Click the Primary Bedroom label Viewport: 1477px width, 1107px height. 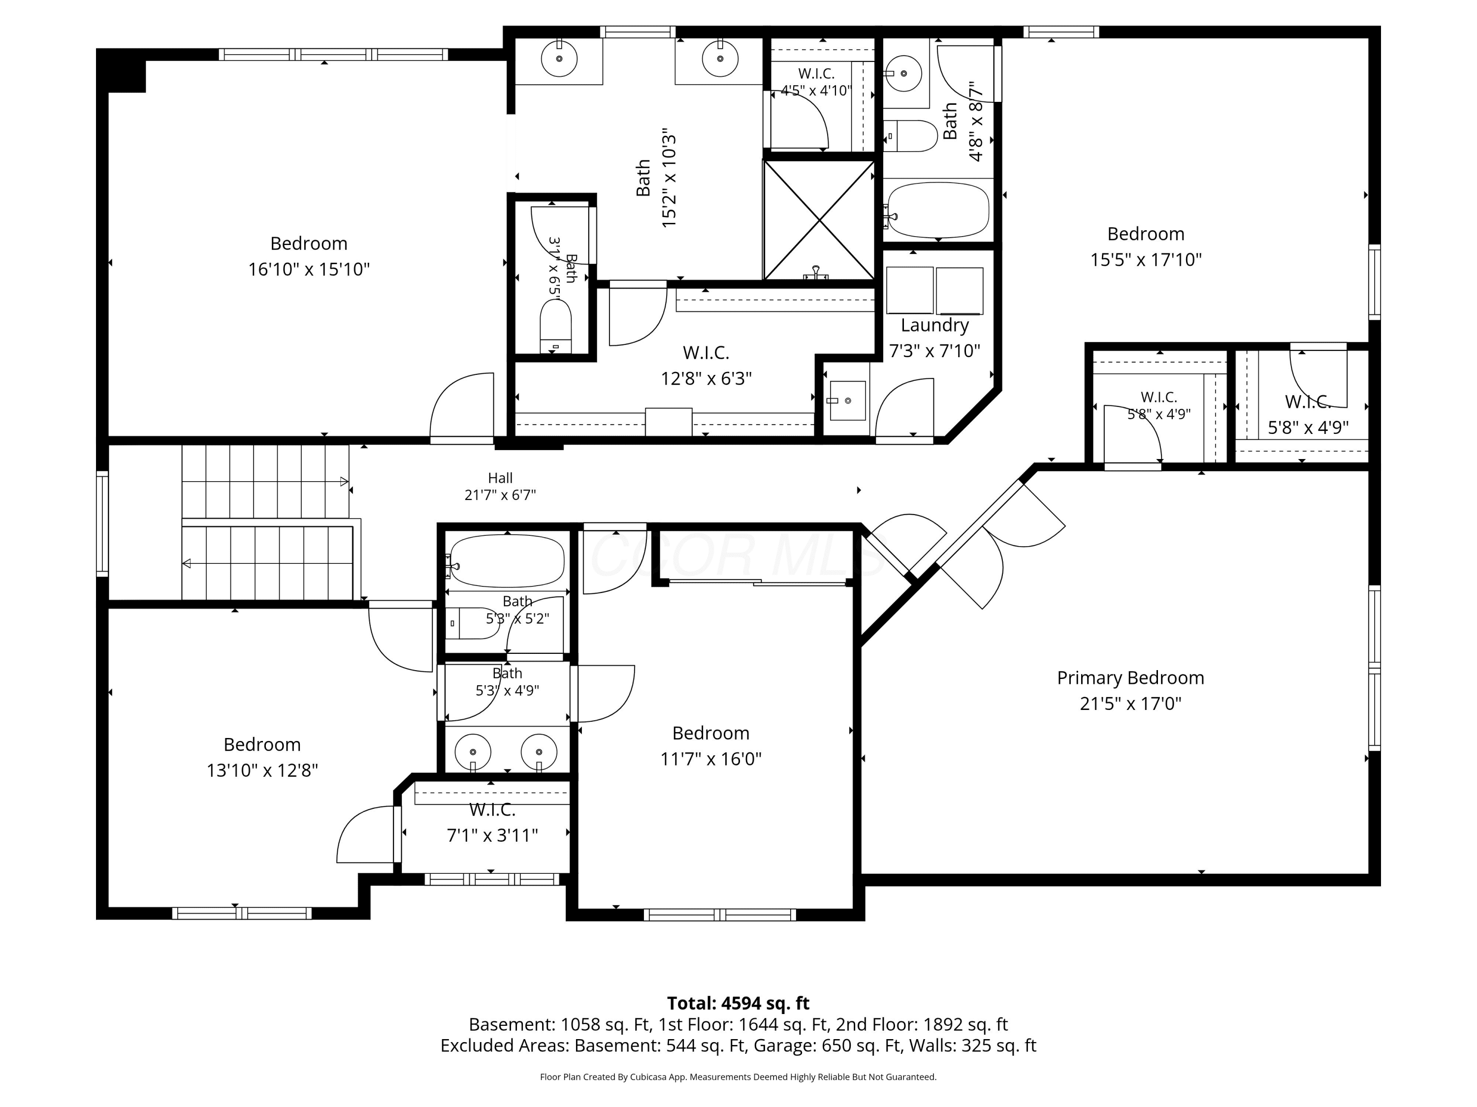click(x=1130, y=678)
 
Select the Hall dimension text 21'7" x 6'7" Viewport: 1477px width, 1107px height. click(x=500, y=495)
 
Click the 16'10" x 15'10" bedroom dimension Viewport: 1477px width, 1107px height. click(x=309, y=269)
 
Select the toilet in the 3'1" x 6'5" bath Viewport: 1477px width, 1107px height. click(x=555, y=326)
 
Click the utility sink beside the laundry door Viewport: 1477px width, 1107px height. click(x=847, y=400)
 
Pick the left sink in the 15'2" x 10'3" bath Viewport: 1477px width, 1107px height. click(x=558, y=58)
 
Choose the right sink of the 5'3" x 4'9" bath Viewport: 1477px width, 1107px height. click(x=538, y=752)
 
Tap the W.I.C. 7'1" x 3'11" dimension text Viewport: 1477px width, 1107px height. click(x=492, y=835)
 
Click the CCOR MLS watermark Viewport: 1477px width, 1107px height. click(x=738, y=555)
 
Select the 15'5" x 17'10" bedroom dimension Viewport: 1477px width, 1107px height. click(x=1146, y=260)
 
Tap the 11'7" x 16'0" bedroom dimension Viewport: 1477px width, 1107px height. click(x=710, y=759)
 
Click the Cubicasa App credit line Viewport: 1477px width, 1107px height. click(x=738, y=1076)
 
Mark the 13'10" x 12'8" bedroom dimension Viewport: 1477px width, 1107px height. click(x=262, y=770)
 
